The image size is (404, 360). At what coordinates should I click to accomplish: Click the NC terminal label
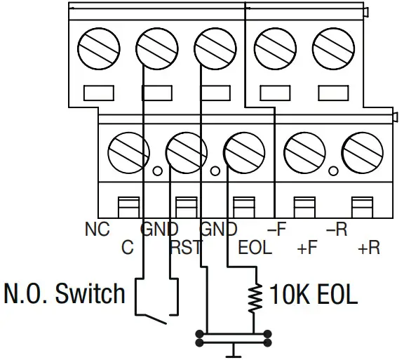[x=97, y=229]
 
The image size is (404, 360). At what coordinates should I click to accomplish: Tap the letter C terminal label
[x=127, y=248]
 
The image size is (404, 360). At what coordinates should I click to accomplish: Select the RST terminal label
[x=185, y=248]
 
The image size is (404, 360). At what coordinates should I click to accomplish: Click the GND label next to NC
[x=159, y=229]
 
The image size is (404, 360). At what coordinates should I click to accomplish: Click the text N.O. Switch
[x=65, y=293]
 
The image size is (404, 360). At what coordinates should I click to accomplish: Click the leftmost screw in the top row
[x=95, y=50]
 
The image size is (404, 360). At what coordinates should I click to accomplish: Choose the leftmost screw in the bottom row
[x=128, y=149]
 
